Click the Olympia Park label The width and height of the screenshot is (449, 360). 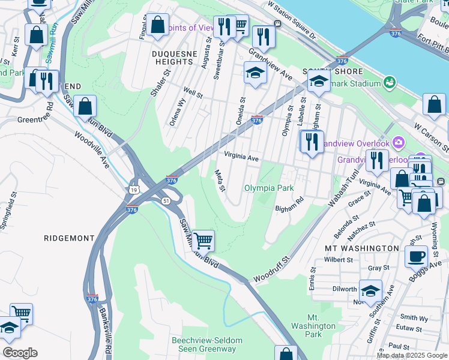[x=269, y=188]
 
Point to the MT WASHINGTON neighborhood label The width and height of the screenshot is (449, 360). [x=362, y=248]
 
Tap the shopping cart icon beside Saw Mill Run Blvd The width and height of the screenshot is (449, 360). [x=203, y=241]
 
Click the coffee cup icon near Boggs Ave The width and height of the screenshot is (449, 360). [x=415, y=256]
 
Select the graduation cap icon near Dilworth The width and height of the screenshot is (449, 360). [x=370, y=291]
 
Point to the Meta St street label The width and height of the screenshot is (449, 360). [x=220, y=180]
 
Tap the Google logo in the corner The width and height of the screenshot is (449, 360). [x=19, y=353]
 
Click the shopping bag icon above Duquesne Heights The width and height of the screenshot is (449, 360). [x=157, y=26]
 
